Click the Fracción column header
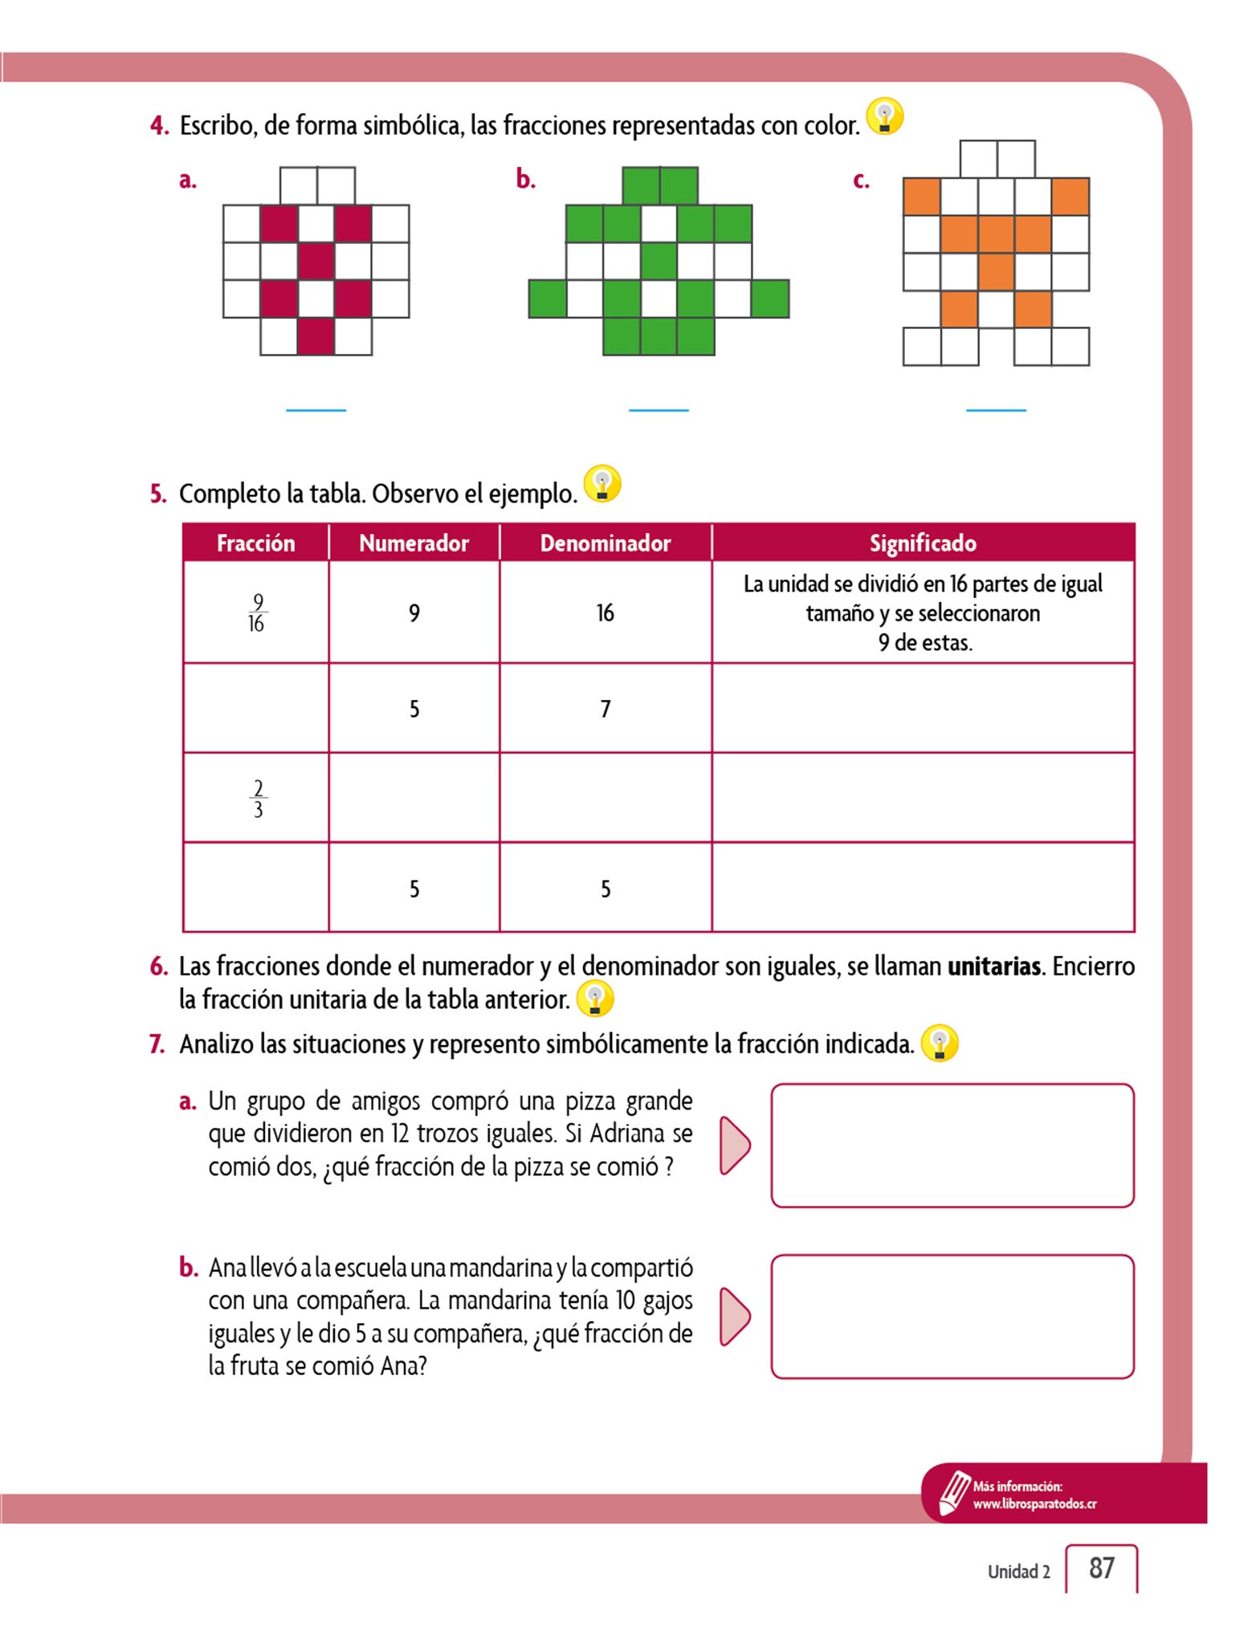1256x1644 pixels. coord(255,543)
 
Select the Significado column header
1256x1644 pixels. coord(923,543)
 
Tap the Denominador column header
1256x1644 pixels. coord(605,543)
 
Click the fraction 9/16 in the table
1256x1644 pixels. coord(256,613)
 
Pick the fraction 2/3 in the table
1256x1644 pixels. coord(258,799)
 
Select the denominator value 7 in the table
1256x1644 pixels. coord(606,709)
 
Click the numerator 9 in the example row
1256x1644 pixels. coord(414,614)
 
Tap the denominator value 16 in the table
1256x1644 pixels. coord(605,614)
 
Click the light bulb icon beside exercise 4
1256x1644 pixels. coord(885,116)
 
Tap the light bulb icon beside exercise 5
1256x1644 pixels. coord(602,484)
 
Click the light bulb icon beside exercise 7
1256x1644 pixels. coord(940,1044)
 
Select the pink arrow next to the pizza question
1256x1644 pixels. coord(734,1145)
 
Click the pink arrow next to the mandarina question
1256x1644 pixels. coord(734,1316)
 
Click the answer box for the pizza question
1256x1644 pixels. coord(952,1146)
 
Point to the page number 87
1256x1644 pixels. coord(1101,1568)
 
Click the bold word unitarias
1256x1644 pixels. coord(993,966)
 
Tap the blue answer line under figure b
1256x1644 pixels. coord(659,410)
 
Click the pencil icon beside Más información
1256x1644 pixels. coord(953,1494)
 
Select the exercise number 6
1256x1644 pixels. coord(158,966)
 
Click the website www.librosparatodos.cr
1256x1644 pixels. coord(1034,1504)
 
